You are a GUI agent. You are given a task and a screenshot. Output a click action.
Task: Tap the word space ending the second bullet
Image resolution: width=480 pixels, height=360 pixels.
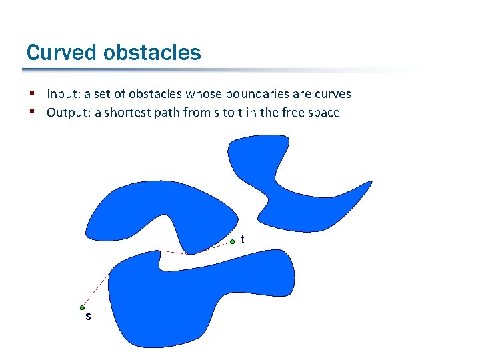pos(323,113)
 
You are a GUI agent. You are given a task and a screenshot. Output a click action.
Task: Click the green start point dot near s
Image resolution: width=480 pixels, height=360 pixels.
pos(82,308)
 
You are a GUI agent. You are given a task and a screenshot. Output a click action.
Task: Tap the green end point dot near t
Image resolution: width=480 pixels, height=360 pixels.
pos(232,241)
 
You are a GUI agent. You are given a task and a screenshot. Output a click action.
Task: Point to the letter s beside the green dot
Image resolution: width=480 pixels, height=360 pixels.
pos(88,317)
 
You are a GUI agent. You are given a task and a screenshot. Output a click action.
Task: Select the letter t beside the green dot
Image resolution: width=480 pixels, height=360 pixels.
pos(242,239)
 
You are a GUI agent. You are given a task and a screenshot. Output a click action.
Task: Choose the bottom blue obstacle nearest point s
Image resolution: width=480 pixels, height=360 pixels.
pos(167,300)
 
